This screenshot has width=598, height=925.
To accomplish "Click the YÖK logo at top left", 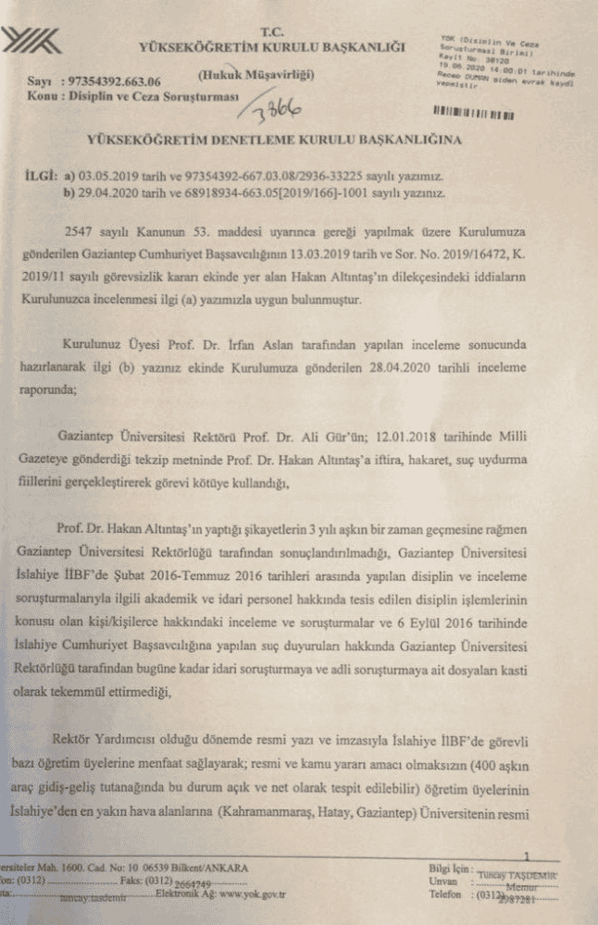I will (32, 41).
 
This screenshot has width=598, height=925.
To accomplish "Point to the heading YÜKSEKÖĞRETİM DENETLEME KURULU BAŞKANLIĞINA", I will (275, 141).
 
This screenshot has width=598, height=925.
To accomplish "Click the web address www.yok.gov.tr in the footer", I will (240, 894).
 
